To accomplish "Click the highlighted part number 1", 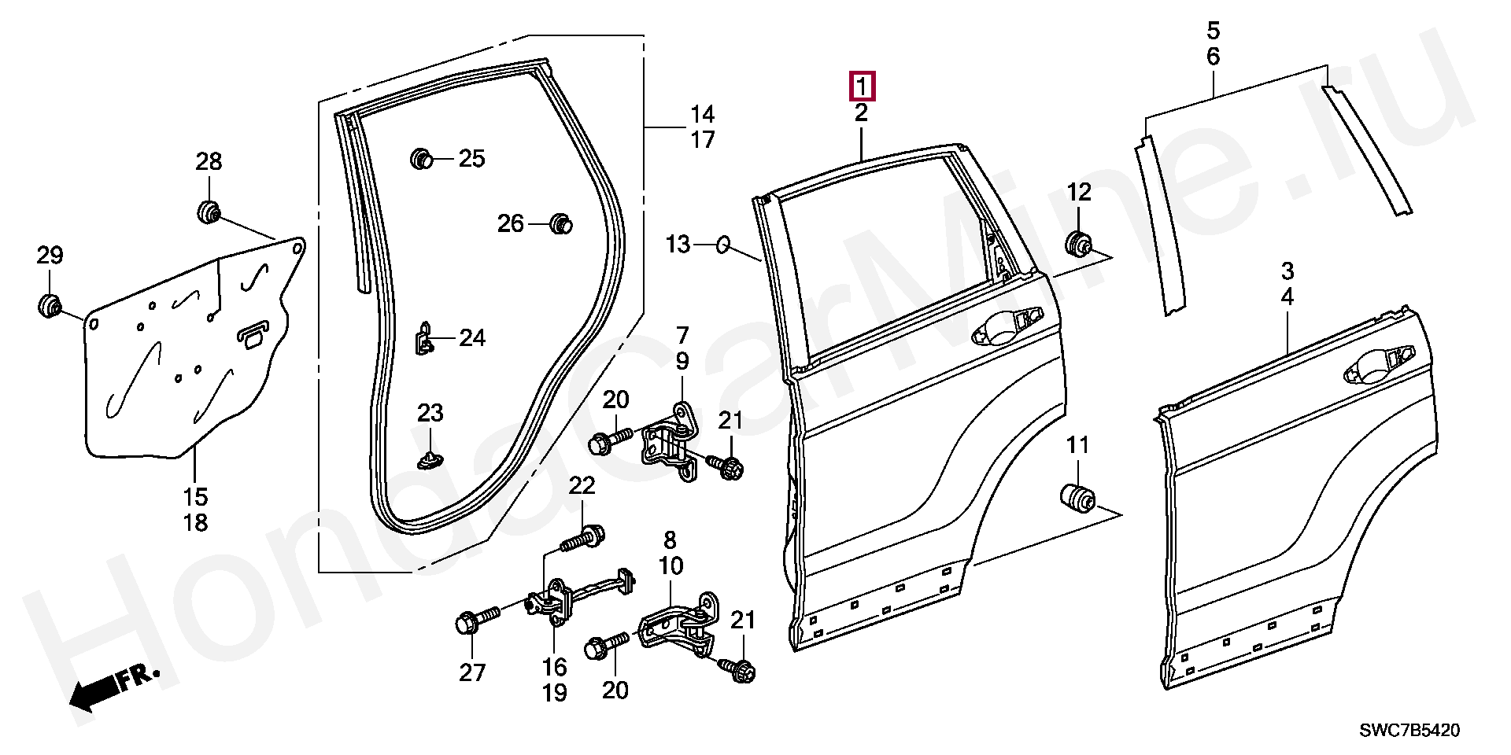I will [x=862, y=87].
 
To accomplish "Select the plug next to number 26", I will [x=560, y=223].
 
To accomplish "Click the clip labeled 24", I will [x=424, y=339].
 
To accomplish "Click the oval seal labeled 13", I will [x=723, y=245].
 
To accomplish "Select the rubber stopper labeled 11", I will [x=1077, y=498].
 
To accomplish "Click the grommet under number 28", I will [x=209, y=212].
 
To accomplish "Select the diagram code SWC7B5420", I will [x=1409, y=731].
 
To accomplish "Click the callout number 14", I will [x=702, y=115].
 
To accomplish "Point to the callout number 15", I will [x=195, y=497].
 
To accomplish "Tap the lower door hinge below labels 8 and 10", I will [x=677, y=629].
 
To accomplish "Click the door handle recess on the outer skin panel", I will [x=1373, y=370].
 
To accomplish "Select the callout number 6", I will [x=1213, y=57].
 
